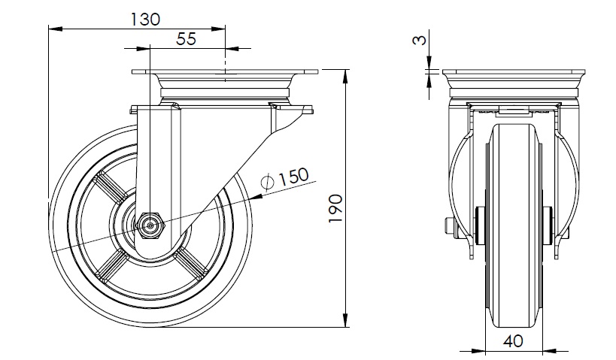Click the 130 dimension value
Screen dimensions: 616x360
click(145, 20)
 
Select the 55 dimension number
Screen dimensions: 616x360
click(187, 39)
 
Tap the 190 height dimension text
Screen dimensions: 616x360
click(335, 208)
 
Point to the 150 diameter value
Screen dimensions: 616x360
click(293, 177)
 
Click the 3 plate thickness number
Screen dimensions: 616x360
click(420, 40)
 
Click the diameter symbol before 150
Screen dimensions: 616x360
click(268, 181)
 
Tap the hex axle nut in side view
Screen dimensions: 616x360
click(150, 225)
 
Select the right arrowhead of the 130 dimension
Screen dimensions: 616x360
click(218, 29)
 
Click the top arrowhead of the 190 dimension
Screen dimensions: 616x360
click(346, 77)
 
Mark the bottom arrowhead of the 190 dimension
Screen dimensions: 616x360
click(346, 320)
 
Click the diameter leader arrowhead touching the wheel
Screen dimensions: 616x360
click(256, 196)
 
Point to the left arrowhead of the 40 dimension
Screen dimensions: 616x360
click(478, 350)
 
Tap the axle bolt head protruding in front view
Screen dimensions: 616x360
click(449, 225)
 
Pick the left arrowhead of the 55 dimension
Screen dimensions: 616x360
click(143, 49)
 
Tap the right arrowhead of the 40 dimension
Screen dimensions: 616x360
click(549, 350)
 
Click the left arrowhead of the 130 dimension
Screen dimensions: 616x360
click(56, 29)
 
